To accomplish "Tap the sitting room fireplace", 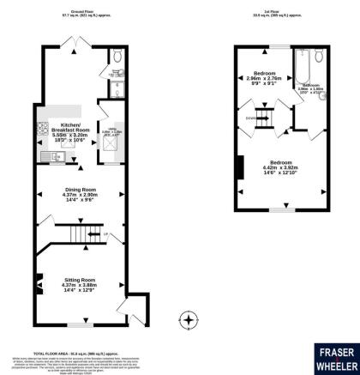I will point(38,280).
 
